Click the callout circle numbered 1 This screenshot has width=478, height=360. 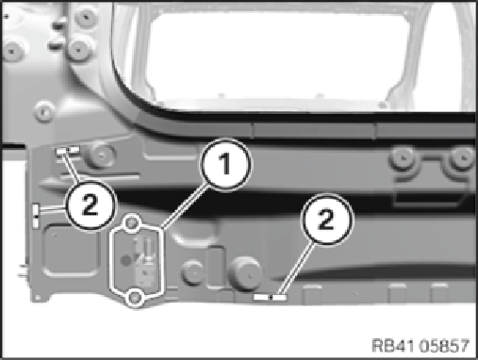[226, 164]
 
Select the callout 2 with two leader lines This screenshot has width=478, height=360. [91, 205]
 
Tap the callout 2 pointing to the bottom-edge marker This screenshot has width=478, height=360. [326, 220]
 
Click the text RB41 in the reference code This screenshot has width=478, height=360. [394, 346]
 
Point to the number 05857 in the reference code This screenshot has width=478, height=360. [445, 346]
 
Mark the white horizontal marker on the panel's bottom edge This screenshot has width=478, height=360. [271, 297]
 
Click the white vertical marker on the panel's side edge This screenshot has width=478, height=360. [36, 216]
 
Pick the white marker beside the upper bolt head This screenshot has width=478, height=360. [68, 151]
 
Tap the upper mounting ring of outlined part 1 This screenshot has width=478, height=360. [132, 222]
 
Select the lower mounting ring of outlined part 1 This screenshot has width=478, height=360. [135, 297]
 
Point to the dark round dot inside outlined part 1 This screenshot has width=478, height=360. [126, 260]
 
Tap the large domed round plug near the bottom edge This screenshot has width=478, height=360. [245, 272]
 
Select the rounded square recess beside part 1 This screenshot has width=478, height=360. [70, 251]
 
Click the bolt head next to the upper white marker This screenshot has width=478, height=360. [101, 155]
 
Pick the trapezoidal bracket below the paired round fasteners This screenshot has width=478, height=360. [429, 195]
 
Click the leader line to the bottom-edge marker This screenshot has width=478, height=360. [296, 270]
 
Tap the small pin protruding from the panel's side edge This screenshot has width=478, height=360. [23, 270]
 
